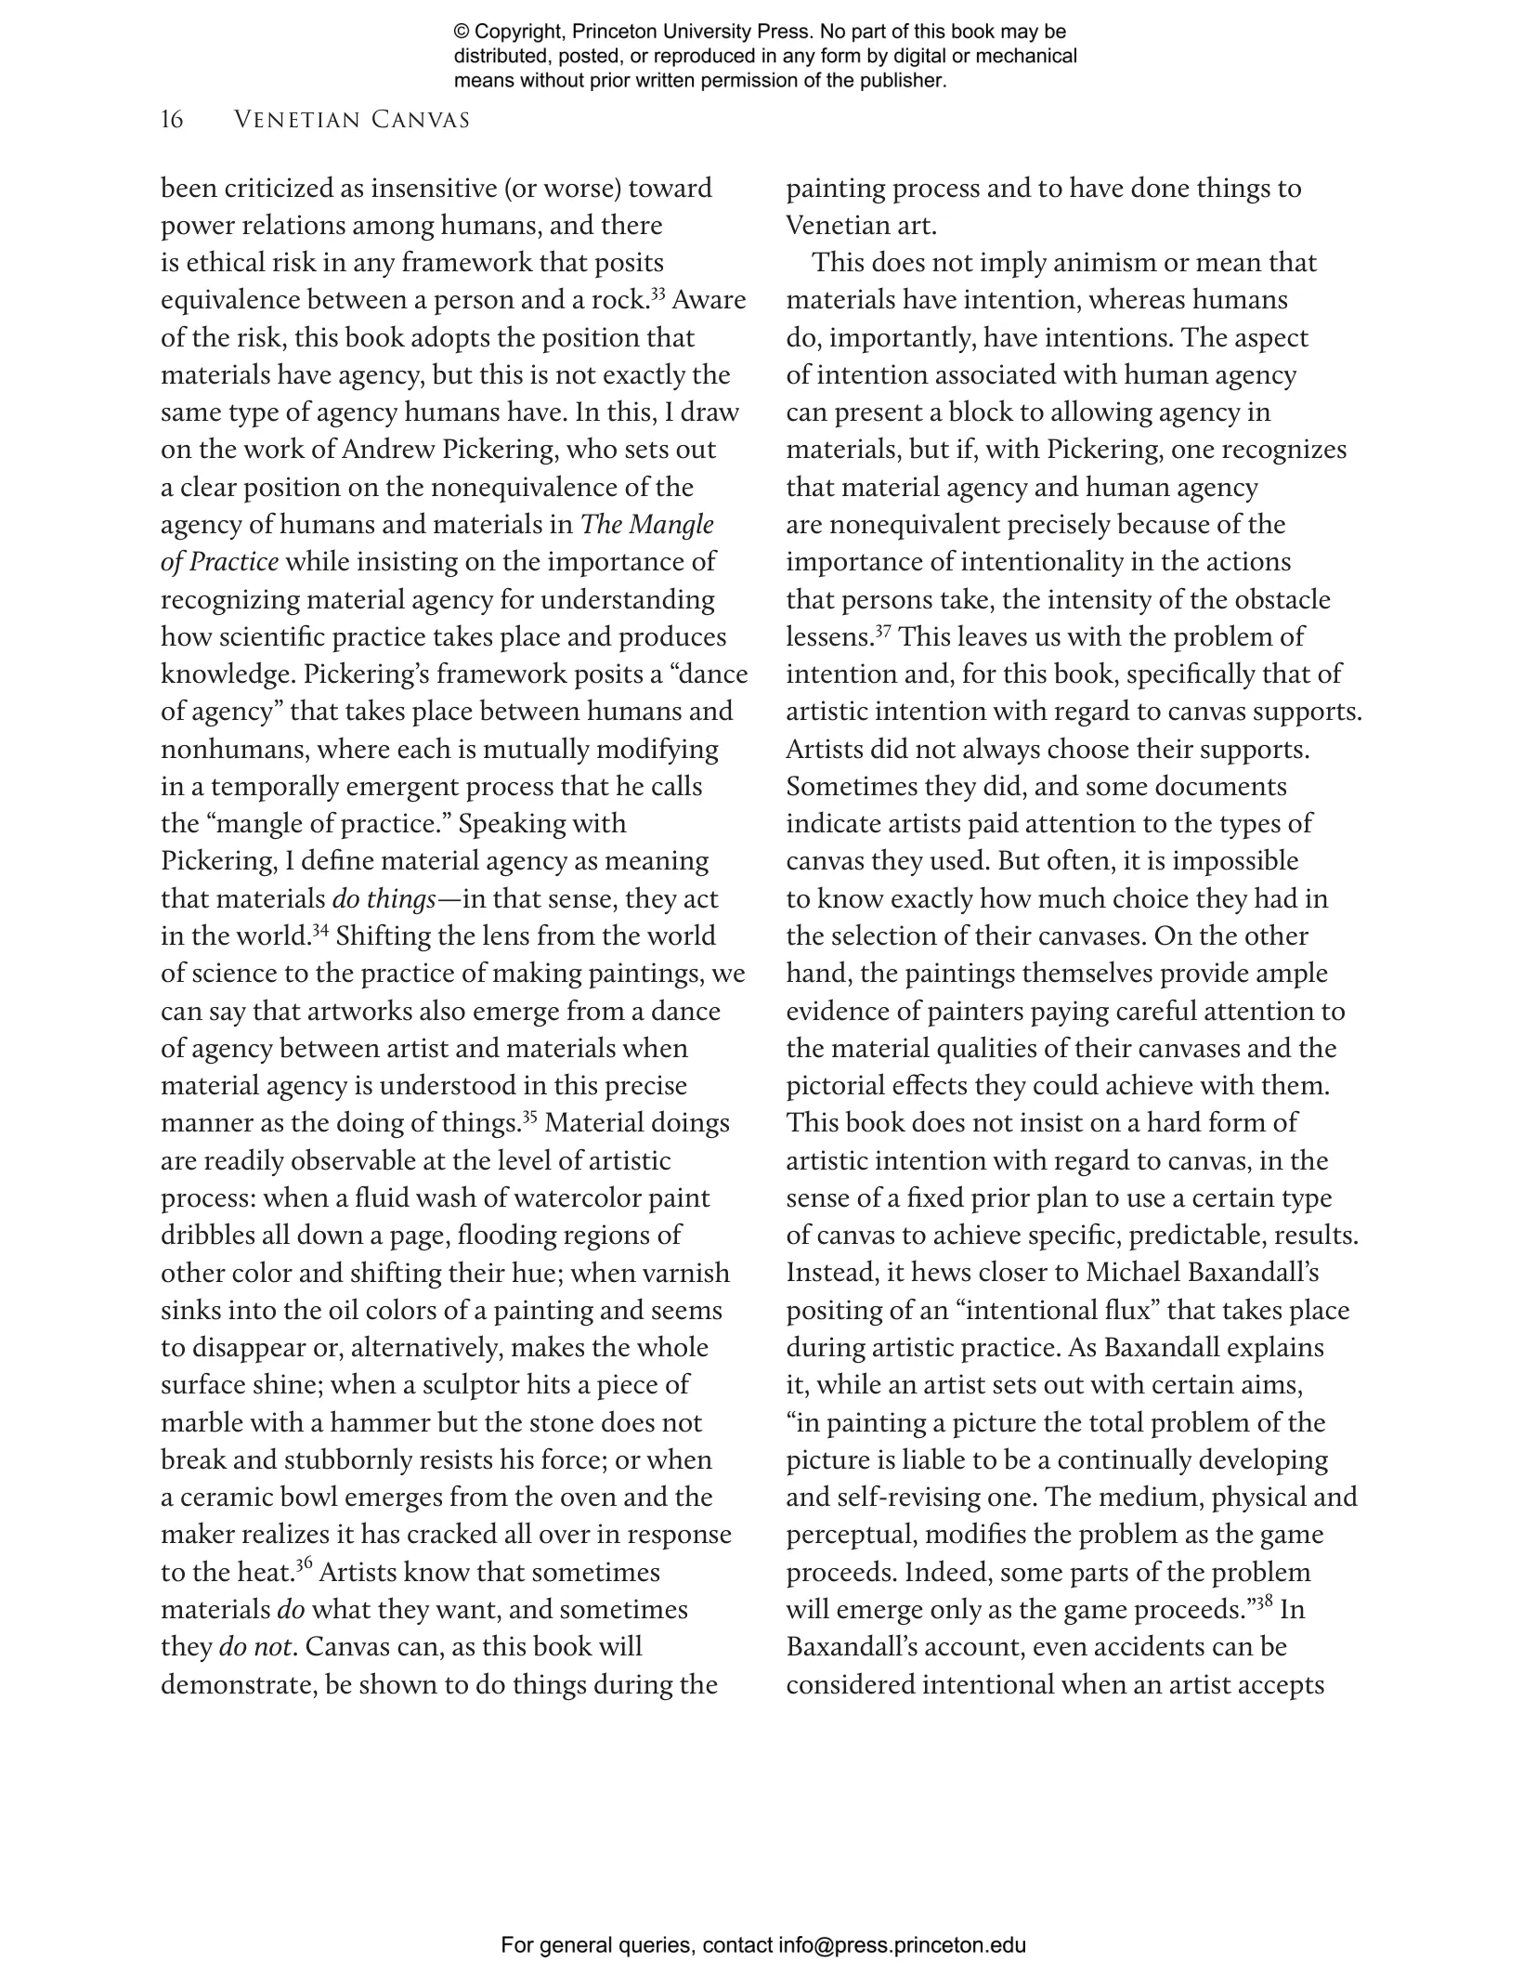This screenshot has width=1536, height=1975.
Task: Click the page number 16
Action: tap(172, 120)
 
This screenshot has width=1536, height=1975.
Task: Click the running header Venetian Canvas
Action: tap(352, 120)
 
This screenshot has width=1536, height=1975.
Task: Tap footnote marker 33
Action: tap(657, 294)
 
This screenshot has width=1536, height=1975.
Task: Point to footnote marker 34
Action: tap(320, 930)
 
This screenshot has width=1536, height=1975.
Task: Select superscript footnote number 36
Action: tap(303, 1566)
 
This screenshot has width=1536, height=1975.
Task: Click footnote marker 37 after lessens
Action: tap(883, 631)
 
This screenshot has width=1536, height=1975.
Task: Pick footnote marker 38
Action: tap(1264, 1603)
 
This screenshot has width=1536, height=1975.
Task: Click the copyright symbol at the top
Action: tap(462, 33)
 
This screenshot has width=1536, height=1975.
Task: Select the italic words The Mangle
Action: tap(647, 525)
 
